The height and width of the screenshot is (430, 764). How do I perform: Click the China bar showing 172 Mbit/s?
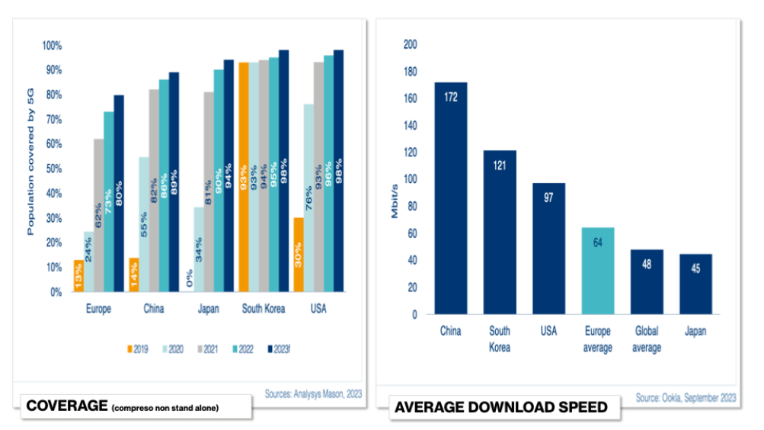451,197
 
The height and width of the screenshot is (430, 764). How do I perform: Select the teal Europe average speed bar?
598,271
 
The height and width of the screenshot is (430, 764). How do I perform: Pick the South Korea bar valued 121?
500,232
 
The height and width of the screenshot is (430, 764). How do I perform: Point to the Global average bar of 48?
647,281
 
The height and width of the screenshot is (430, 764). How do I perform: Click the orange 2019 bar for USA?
299,254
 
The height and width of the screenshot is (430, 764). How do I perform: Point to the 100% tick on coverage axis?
52,46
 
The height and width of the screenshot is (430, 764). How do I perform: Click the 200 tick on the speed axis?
411,44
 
